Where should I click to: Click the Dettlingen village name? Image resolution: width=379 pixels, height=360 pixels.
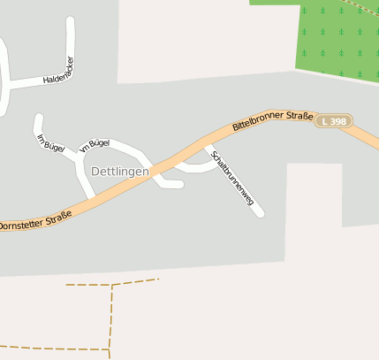point(120,171)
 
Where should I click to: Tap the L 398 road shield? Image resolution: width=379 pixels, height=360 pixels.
point(335,120)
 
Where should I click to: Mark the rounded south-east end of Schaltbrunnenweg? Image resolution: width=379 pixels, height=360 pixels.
point(260,212)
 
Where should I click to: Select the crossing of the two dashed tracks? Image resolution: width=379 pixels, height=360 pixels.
point(112,285)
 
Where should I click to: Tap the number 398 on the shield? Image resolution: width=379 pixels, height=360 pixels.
point(339,120)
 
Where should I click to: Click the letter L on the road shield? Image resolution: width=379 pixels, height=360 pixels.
point(326,120)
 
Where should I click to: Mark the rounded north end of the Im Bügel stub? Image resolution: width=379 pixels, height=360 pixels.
point(38,117)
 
